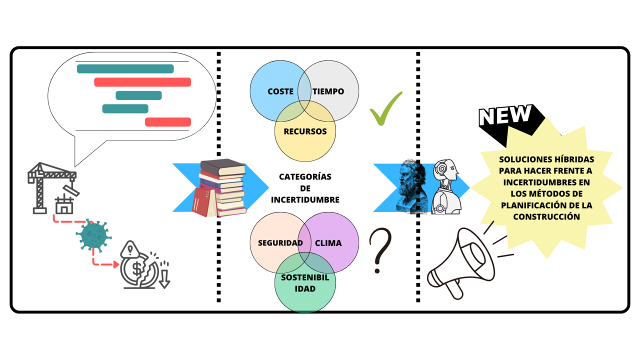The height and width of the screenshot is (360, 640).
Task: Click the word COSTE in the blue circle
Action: (x=280, y=91)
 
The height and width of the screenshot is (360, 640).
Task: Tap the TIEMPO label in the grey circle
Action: (x=328, y=91)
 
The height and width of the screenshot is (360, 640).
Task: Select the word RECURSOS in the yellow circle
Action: (x=305, y=131)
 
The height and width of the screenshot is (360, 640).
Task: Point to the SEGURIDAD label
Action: (x=280, y=243)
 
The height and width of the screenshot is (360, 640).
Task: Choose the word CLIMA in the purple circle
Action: (x=328, y=243)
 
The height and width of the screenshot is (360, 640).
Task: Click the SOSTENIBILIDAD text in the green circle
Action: (x=305, y=283)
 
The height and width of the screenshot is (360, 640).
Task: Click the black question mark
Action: (x=380, y=250)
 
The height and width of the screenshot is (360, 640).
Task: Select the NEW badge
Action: (x=505, y=116)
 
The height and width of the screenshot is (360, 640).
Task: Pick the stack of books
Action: (x=220, y=188)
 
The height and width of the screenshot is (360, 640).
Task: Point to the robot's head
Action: (x=446, y=172)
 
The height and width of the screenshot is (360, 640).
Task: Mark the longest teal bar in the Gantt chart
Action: (x=125, y=69)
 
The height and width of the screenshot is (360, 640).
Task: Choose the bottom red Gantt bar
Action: (x=168, y=122)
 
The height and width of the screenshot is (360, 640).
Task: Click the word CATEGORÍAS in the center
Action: (x=305, y=177)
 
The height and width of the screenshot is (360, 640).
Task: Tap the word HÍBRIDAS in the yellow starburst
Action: (x=576, y=159)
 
